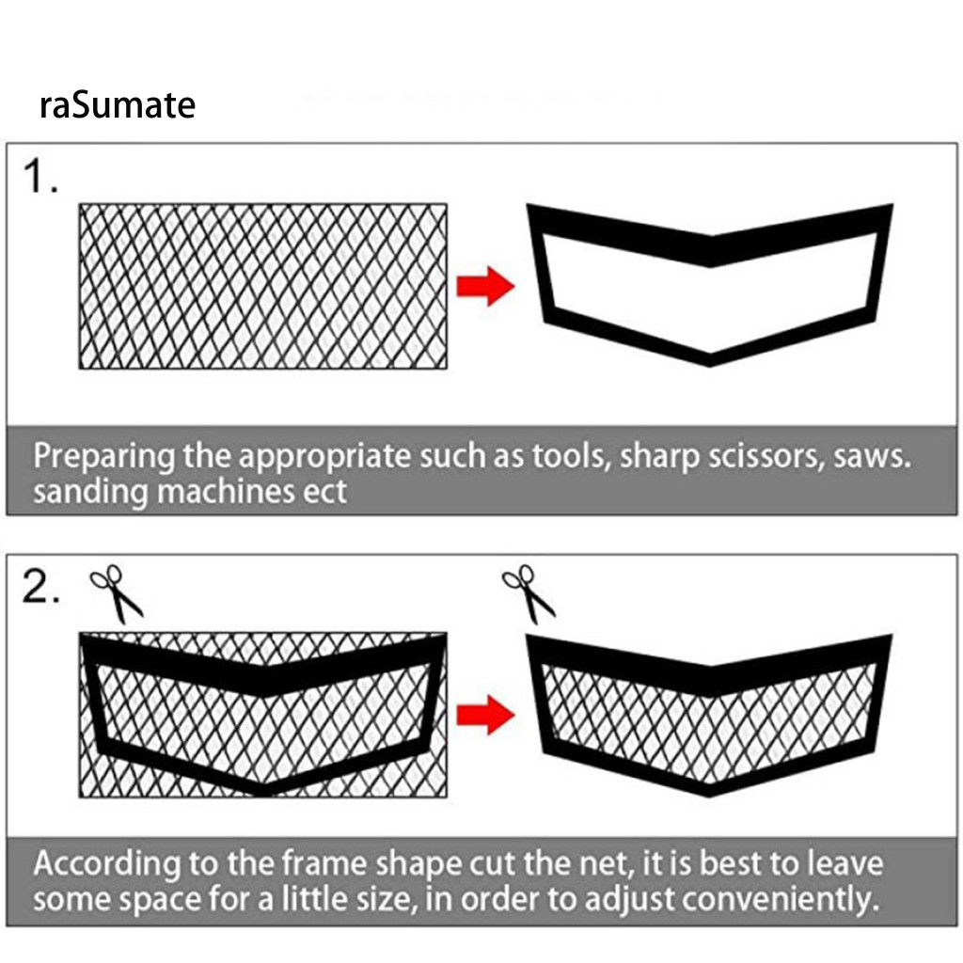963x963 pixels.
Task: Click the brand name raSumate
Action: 118,104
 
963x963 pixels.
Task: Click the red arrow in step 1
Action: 485,286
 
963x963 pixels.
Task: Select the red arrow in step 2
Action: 485,715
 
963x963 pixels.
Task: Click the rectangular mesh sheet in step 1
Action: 263,286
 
